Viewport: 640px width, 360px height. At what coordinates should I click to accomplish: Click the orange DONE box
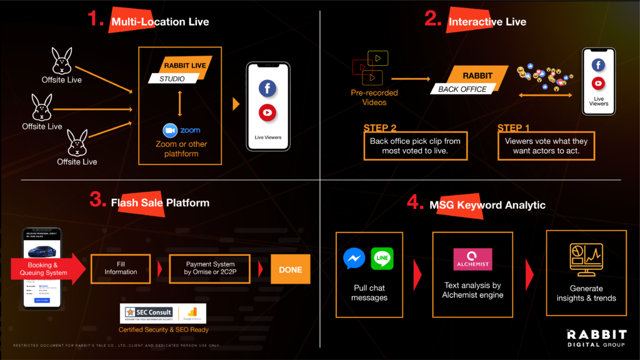tap(290, 270)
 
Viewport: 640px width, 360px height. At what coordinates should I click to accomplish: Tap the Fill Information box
tap(121, 267)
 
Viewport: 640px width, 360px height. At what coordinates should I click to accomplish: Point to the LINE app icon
tap(382, 259)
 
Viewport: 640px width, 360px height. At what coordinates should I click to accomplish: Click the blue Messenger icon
tap(354, 259)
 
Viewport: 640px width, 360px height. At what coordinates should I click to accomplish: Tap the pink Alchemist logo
tap(472, 259)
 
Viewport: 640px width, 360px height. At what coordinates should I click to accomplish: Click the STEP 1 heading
tap(514, 128)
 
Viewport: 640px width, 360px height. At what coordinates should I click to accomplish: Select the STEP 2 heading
tap(381, 128)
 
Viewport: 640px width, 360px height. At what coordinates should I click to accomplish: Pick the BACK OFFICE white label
tap(462, 89)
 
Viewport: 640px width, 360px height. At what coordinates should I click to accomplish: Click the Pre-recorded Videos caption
tap(374, 97)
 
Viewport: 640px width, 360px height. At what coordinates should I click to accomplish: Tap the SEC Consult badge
tap(147, 312)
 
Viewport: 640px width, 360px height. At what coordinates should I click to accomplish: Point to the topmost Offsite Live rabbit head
tap(61, 61)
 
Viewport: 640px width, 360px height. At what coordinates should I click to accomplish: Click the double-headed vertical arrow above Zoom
tap(179, 103)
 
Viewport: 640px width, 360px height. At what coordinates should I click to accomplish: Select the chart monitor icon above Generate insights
tap(586, 259)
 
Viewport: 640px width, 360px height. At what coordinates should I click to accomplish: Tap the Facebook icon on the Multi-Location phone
tap(267, 89)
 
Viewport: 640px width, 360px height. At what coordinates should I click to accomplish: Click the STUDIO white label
tap(172, 79)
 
